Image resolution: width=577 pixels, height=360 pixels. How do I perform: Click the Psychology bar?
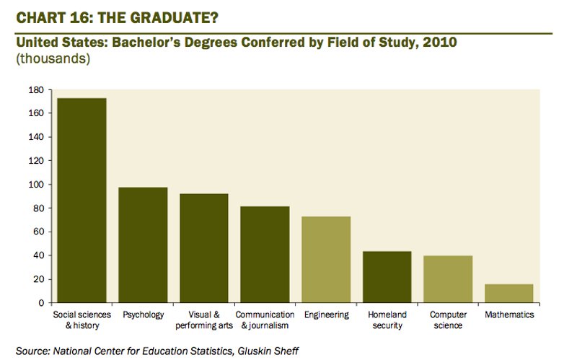tap(143, 245)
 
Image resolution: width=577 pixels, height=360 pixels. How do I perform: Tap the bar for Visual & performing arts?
tap(204, 248)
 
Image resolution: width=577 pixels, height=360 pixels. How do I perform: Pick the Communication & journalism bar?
tap(265, 255)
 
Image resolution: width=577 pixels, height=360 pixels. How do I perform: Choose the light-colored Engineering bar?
tap(326, 260)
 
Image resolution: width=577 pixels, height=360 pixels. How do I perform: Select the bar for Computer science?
tap(448, 279)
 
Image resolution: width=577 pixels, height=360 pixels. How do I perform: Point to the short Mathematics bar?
tap(509, 294)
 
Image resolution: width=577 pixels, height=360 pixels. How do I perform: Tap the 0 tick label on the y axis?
tap(40, 303)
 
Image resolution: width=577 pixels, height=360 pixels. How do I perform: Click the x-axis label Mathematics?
tap(509, 315)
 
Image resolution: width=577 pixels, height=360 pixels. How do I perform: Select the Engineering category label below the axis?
tap(326, 315)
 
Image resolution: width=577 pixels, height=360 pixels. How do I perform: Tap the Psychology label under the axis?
tap(143, 315)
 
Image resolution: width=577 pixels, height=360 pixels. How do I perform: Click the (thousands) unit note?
tap(52, 59)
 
